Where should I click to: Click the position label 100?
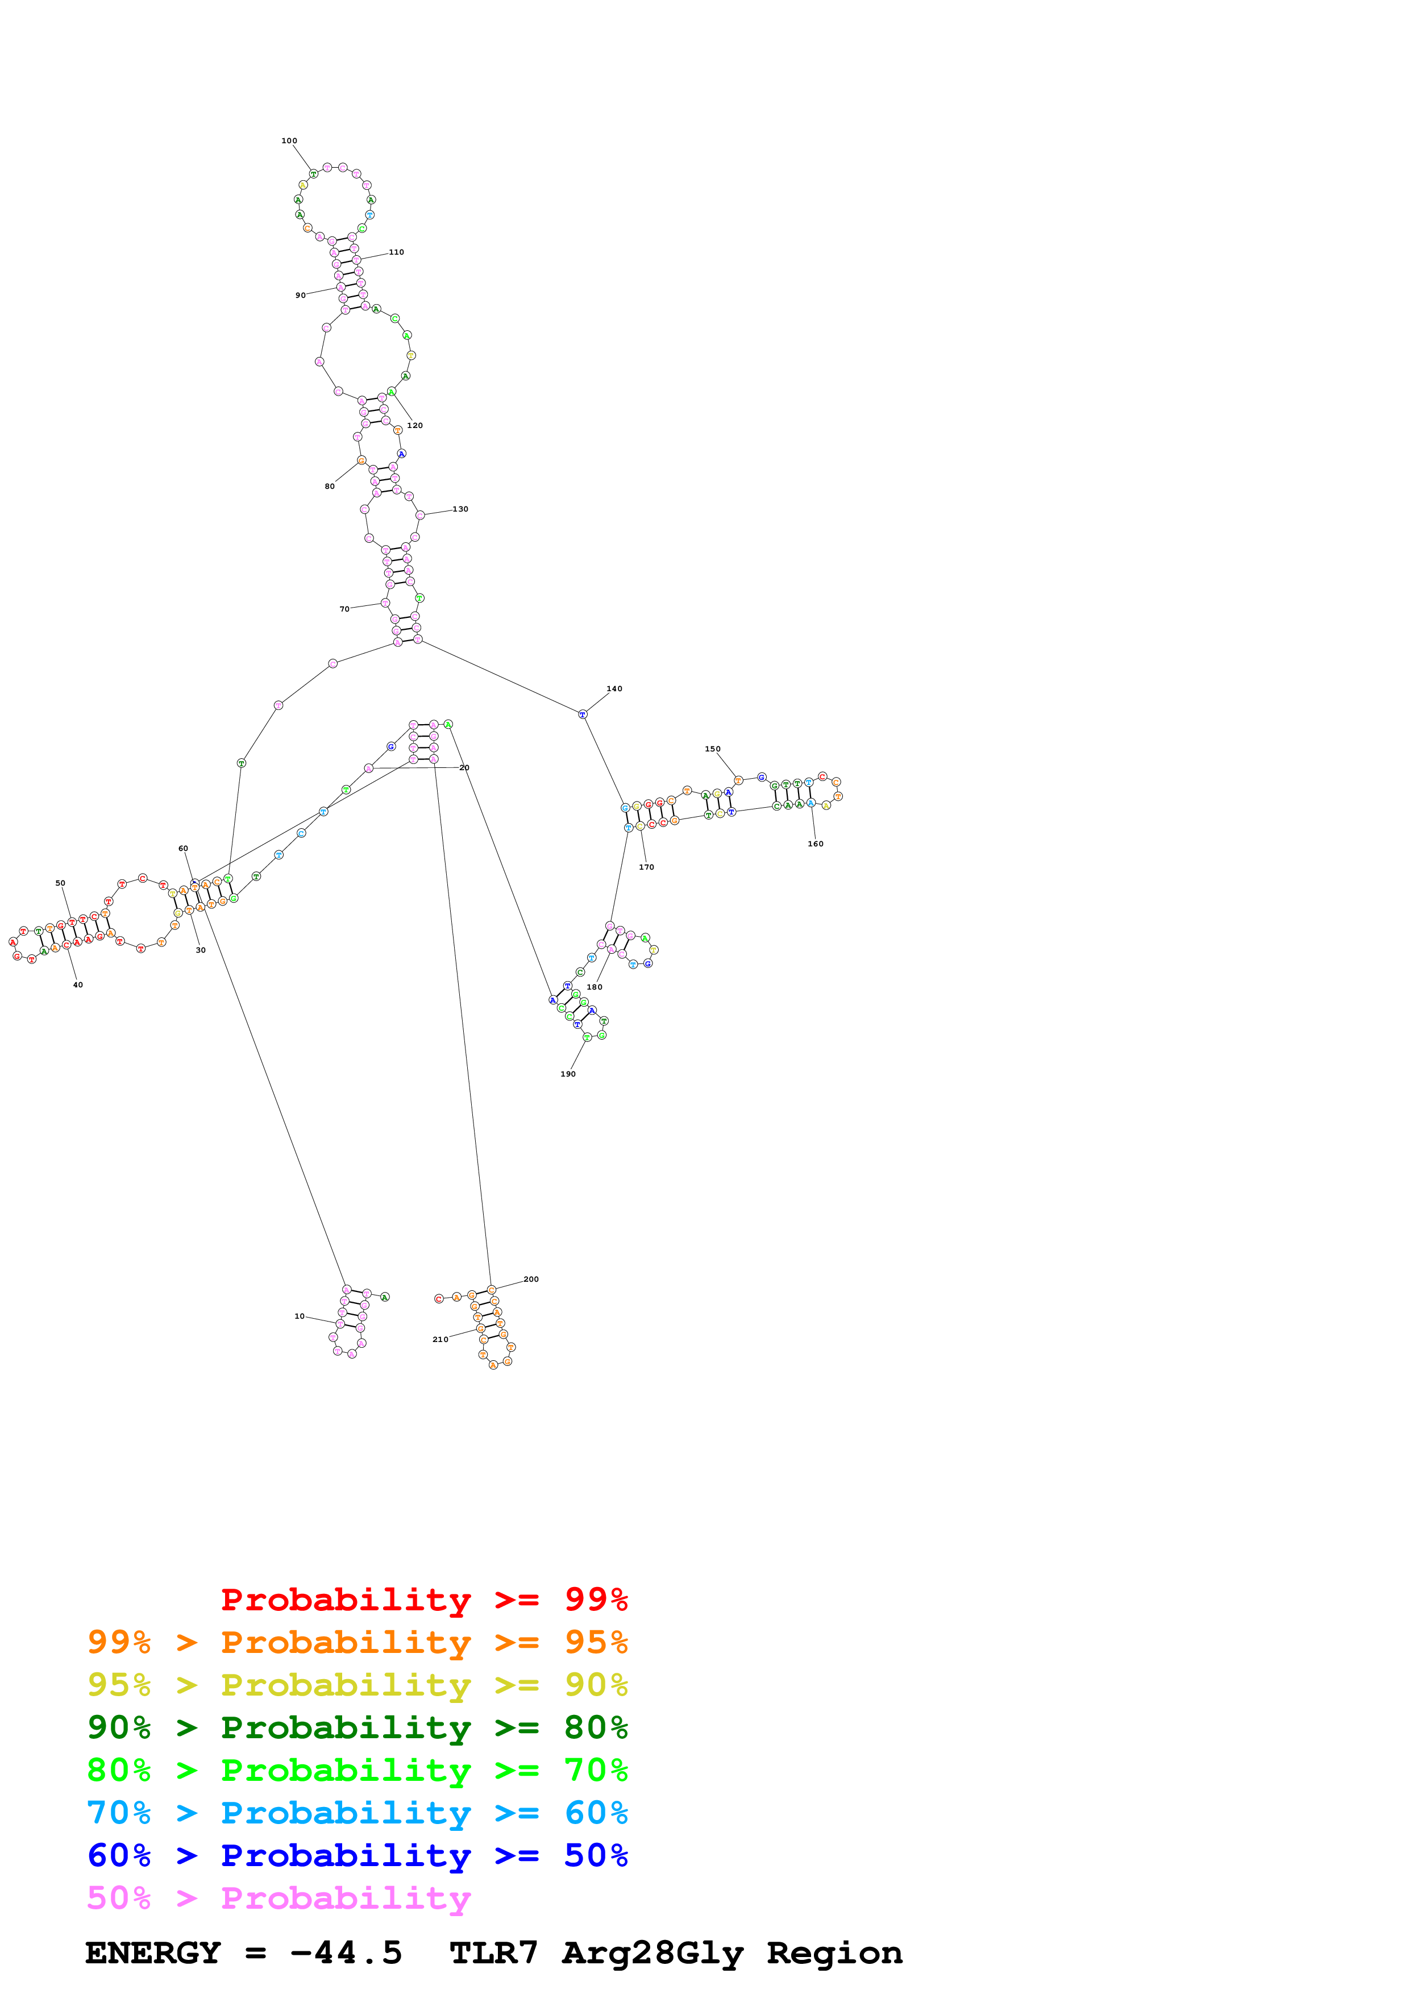coord(289,141)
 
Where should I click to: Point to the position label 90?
coord(300,295)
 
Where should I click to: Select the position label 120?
coord(415,426)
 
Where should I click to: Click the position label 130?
coord(460,509)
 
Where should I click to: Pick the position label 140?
coord(614,689)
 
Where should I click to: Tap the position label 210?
coord(440,1339)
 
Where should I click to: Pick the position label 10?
coord(300,1316)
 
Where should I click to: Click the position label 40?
coord(78,985)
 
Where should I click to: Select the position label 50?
coord(60,883)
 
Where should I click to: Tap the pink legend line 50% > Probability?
coord(279,1899)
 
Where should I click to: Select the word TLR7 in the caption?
coord(493,1953)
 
